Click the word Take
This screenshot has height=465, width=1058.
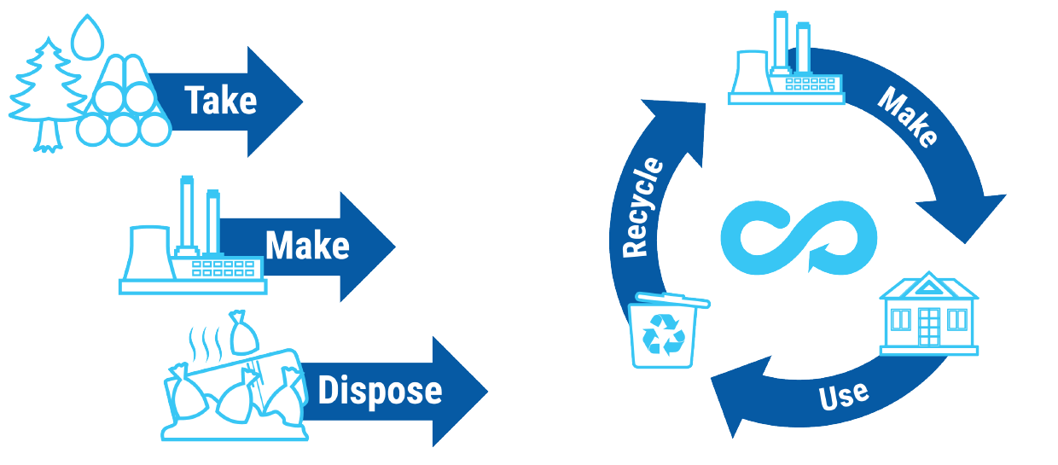click(x=221, y=101)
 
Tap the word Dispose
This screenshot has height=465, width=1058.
click(x=380, y=391)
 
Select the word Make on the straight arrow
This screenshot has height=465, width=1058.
click(x=307, y=247)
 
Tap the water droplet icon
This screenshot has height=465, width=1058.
click(x=84, y=38)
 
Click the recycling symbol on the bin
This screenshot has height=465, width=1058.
click(x=664, y=334)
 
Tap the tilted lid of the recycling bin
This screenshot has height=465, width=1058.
click(x=670, y=299)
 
